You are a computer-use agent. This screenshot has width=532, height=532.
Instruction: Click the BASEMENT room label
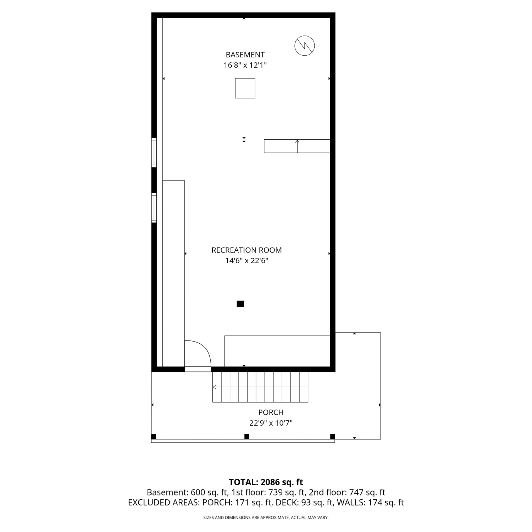245,55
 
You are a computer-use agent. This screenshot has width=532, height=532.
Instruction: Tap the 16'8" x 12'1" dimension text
245,65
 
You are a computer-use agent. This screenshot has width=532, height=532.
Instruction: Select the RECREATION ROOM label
246,250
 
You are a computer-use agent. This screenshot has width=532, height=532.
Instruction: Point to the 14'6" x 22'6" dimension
246,261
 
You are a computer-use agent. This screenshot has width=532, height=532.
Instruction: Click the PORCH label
271,412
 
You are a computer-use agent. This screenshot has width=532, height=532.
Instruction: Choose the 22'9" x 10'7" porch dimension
271,423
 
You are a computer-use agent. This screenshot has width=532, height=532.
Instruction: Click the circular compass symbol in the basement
305,45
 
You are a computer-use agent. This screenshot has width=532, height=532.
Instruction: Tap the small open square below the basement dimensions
245,88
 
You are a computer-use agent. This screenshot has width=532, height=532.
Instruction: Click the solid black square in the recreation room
240,304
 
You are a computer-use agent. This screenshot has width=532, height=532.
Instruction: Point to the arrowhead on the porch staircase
215,387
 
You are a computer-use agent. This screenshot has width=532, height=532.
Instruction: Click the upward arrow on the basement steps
297,146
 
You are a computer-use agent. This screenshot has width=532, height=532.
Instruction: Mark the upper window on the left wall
154,153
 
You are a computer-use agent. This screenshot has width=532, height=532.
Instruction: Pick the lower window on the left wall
154,208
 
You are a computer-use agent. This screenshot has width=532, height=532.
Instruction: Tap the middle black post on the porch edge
247,437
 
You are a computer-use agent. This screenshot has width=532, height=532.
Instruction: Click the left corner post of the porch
154,437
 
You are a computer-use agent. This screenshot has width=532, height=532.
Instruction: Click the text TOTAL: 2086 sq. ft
266,482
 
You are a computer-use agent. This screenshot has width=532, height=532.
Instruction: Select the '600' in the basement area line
198,493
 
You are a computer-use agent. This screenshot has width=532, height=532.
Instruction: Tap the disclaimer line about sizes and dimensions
266,518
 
